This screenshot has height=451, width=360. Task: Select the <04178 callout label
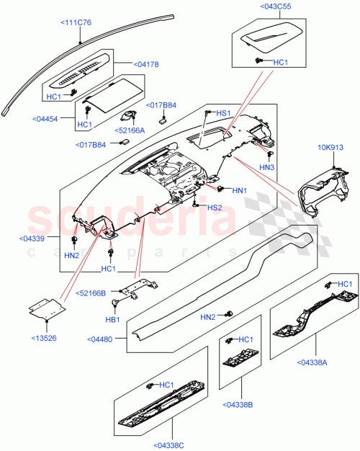click(147, 64)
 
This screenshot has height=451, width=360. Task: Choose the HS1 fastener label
click(223, 113)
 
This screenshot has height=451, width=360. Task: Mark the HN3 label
click(268, 167)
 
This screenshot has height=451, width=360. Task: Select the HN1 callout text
click(240, 190)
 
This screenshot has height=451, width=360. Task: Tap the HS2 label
click(215, 208)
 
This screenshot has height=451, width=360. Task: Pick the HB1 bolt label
click(112, 319)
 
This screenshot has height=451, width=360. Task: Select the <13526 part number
click(45, 337)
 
